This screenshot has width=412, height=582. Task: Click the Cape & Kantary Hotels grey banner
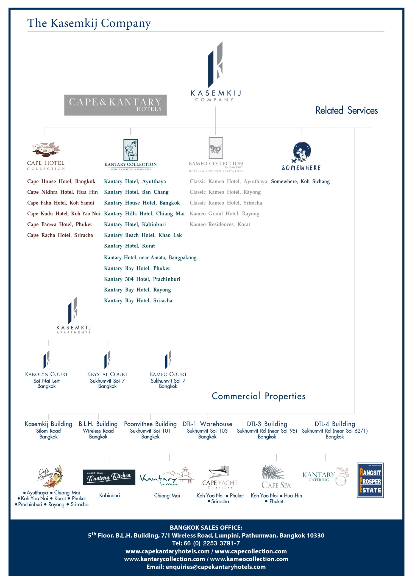tap(115, 105)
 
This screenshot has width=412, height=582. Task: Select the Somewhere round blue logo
tap(302, 152)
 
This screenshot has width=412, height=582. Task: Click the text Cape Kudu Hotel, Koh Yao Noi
tap(63, 213)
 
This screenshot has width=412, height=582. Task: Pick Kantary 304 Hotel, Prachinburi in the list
tap(142, 279)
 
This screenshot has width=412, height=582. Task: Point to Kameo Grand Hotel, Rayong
tap(224, 213)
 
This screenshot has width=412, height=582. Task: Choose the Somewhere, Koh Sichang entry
tap(300, 181)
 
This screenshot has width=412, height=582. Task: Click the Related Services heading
tap(346, 110)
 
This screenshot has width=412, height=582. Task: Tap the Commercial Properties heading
tap(258, 396)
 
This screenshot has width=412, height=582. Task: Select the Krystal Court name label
tap(107, 374)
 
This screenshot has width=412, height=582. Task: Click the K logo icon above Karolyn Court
tap(46, 359)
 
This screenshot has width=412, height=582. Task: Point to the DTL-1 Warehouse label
tap(207, 424)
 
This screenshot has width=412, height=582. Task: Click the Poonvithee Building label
tap(150, 424)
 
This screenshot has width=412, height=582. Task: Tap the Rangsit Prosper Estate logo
tap(370, 480)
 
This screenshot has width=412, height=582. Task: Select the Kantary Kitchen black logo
tap(109, 477)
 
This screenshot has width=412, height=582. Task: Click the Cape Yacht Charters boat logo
tap(220, 473)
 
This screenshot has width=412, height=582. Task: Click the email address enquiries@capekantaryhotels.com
tap(216, 567)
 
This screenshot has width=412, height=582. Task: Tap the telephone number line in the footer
tap(206, 543)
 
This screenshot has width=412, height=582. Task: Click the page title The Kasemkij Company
tap(89, 23)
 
